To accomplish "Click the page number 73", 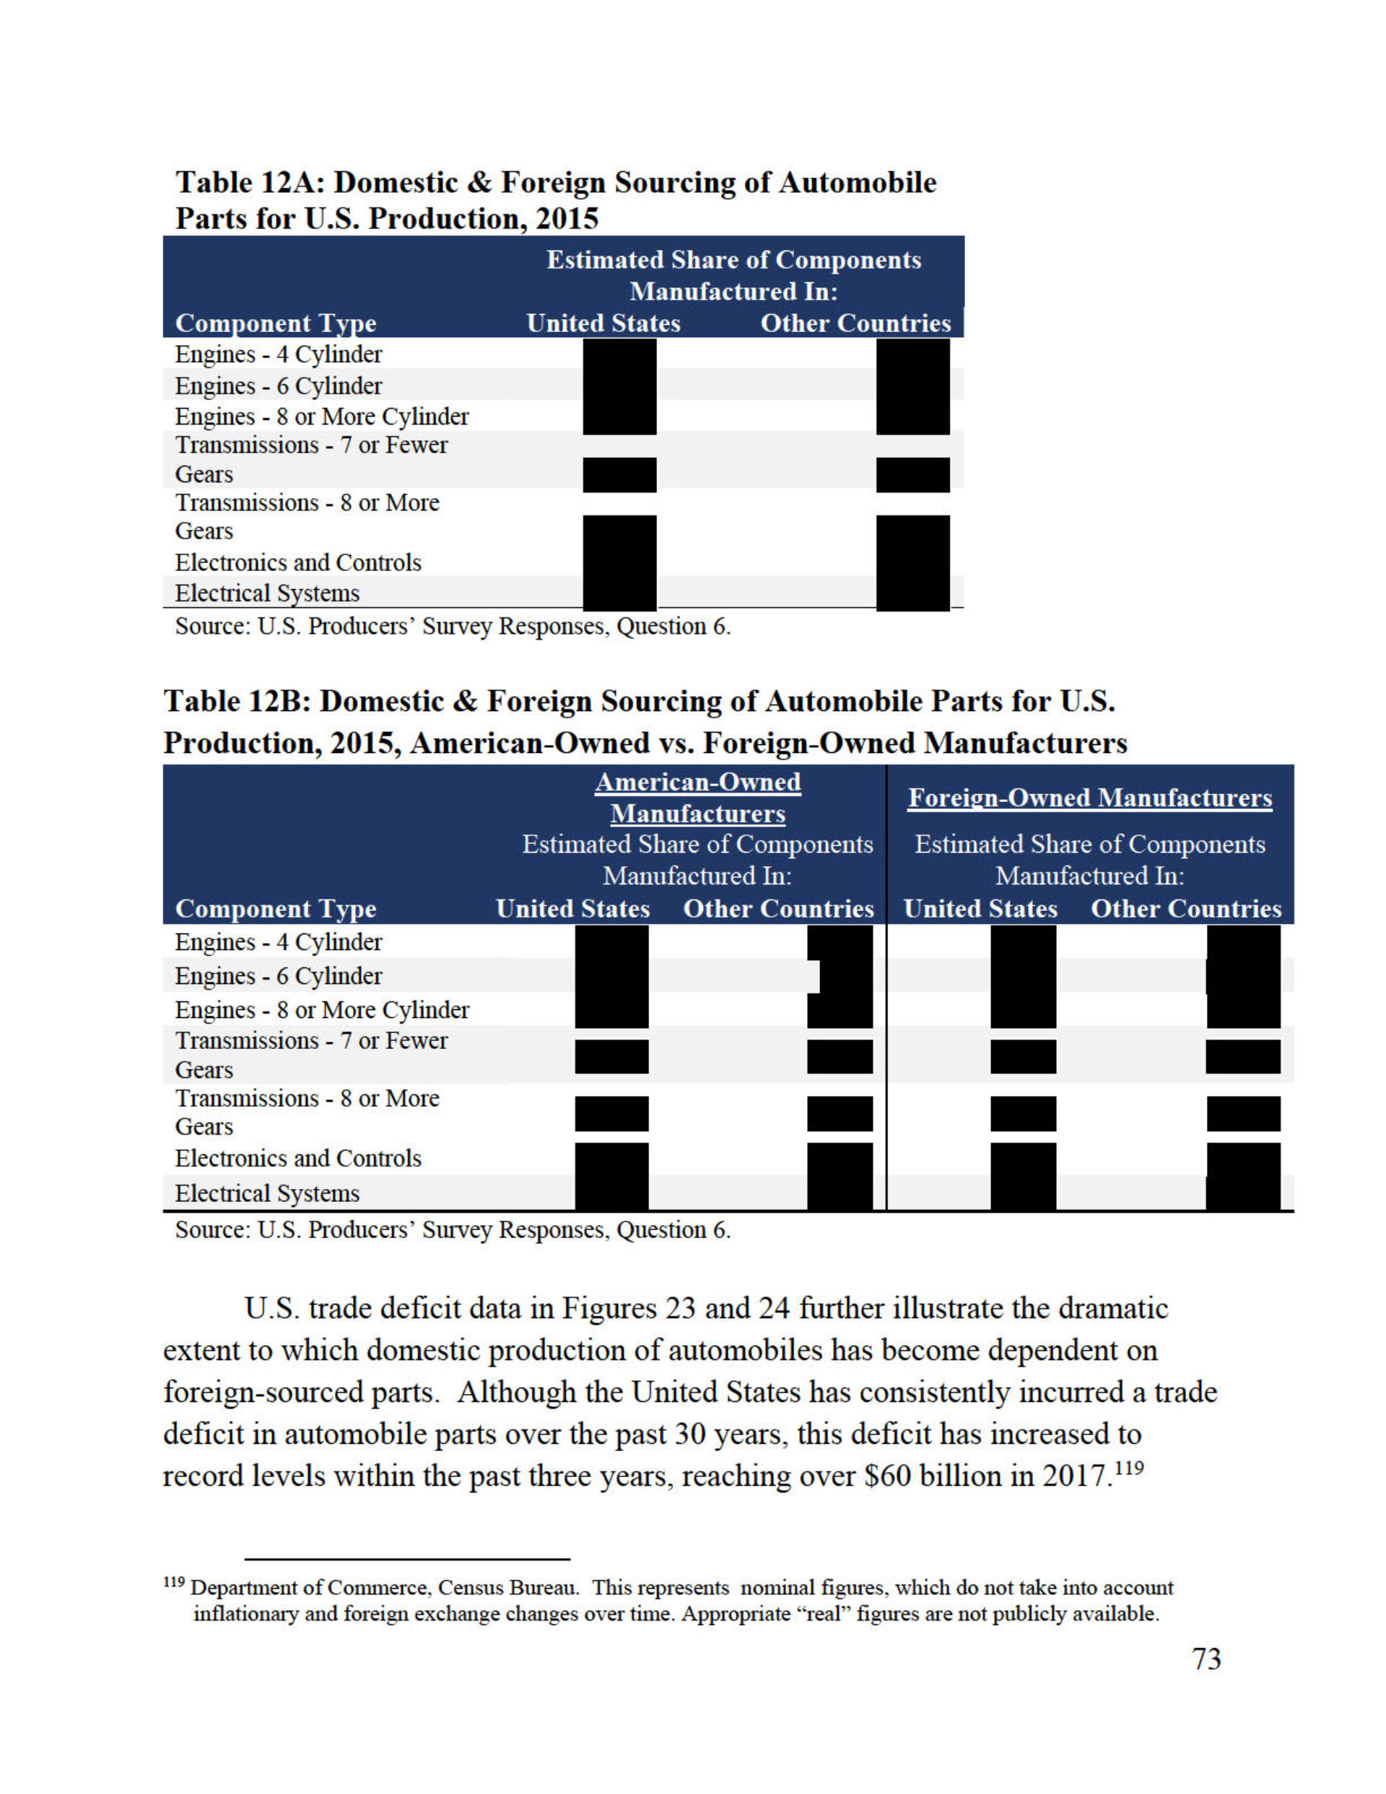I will (x=1206, y=1658).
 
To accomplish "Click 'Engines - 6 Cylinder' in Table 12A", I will (x=278, y=386).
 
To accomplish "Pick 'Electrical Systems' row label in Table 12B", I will (x=267, y=1193).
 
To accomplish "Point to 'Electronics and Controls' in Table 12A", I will (x=297, y=562).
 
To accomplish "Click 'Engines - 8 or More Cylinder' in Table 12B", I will (x=321, y=1009).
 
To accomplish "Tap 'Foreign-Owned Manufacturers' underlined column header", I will (x=1089, y=798).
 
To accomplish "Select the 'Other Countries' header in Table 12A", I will (x=855, y=323).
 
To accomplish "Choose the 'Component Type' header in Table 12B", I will (x=275, y=908).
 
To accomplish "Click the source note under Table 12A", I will (x=453, y=627).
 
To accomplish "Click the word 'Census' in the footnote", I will (x=471, y=1588).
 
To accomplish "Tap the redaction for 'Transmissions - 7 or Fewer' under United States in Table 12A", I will (x=619, y=475).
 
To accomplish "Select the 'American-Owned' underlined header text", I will (x=697, y=782).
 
